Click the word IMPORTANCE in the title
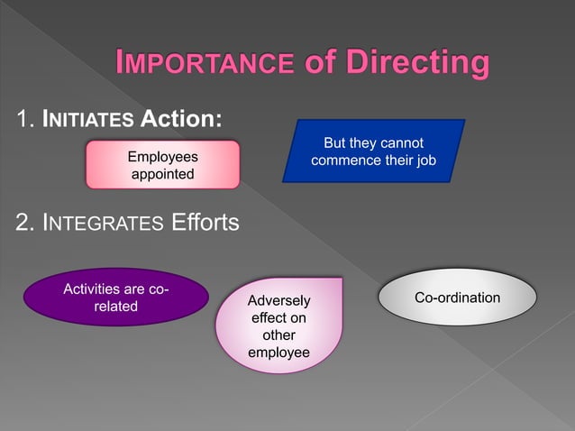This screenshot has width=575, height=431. coord(205,64)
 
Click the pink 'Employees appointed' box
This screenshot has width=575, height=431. coord(162,164)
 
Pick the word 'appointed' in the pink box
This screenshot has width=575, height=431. coord(162,173)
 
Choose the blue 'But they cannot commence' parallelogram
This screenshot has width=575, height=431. coord(373,151)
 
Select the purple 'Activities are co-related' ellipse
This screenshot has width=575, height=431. coord(115,298)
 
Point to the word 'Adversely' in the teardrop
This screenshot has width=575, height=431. coord(278,300)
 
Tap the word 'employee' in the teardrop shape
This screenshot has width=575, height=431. coord(278,352)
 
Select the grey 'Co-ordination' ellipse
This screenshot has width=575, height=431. coord(457,298)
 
